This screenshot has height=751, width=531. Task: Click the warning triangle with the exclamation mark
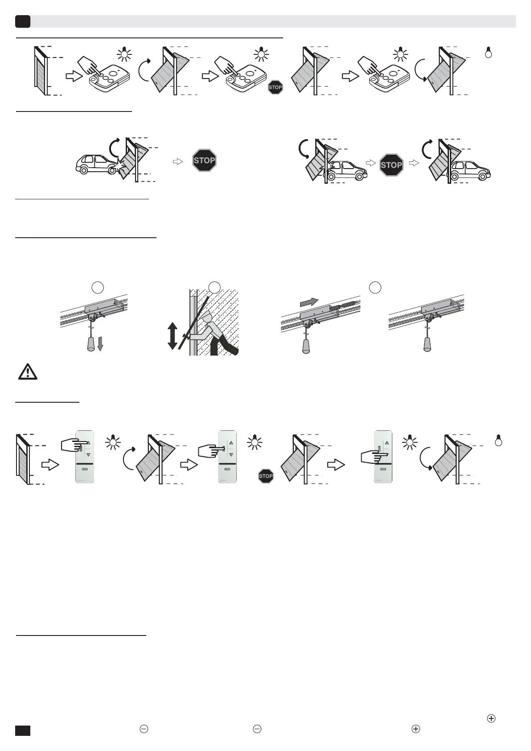point(28,372)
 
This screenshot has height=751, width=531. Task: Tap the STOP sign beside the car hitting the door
point(204,161)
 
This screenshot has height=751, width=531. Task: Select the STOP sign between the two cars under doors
point(391,165)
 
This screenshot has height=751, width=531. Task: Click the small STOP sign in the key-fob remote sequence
point(275,87)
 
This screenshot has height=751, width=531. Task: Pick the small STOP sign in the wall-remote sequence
point(266,476)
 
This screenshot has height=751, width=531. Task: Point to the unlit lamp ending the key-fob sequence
point(488,53)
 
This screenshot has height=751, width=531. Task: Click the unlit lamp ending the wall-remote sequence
point(498,441)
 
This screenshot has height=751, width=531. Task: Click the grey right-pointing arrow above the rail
point(309,302)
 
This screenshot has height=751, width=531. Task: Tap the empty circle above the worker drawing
point(215,288)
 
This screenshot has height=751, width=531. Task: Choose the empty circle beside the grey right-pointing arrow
point(375,288)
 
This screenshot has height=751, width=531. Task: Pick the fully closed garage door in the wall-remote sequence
point(23,459)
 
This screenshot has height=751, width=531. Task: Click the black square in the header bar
point(23,21)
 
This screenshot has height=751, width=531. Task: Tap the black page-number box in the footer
point(23,730)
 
